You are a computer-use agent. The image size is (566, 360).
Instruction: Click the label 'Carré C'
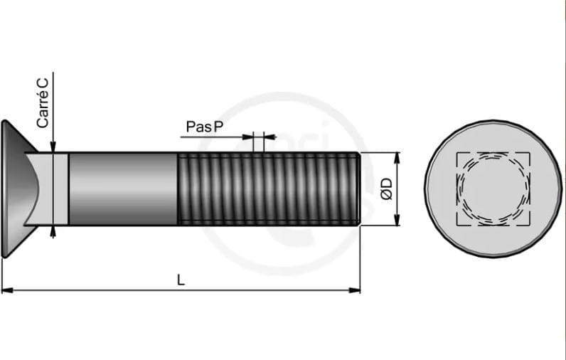(42, 103)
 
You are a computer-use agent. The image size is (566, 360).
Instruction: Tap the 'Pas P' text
(205, 127)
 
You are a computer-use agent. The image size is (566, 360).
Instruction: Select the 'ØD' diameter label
(386, 189)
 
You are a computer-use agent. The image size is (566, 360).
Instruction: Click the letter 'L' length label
(181, 280)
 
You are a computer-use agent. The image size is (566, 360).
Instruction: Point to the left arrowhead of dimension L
(7, 290)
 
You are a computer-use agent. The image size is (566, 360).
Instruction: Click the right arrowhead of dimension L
(355, 290)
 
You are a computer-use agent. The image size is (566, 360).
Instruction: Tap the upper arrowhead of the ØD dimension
(397, 158)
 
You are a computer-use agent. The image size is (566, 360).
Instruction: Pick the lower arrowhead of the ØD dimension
(397, 220)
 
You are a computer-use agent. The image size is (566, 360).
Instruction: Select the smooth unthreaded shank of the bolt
(123, 189)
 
